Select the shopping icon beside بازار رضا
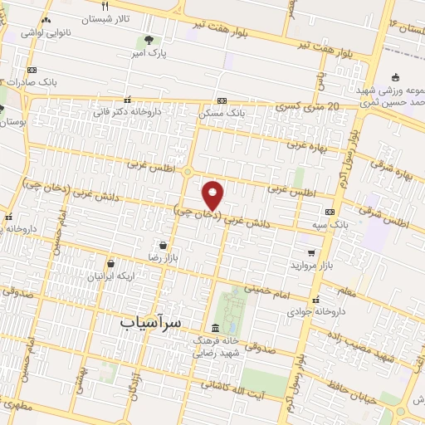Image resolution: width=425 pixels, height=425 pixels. point(163,246)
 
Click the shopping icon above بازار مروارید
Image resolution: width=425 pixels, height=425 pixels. point(311,252)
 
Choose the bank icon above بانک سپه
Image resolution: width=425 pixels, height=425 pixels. point(330,212)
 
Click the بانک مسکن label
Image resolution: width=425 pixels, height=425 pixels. point(222,112)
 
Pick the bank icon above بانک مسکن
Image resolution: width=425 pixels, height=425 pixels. point(222,100)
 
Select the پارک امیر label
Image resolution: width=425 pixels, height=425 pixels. point(150,52)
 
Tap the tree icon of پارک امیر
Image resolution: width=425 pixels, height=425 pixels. point(149,39)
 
